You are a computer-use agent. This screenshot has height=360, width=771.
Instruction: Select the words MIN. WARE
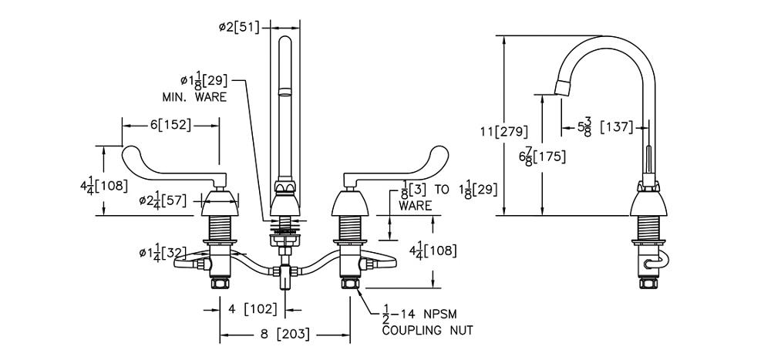[194, 97]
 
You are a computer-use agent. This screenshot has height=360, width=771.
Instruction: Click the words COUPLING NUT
[427, 331]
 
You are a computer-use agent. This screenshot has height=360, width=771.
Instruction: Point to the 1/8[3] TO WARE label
[424, 196]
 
